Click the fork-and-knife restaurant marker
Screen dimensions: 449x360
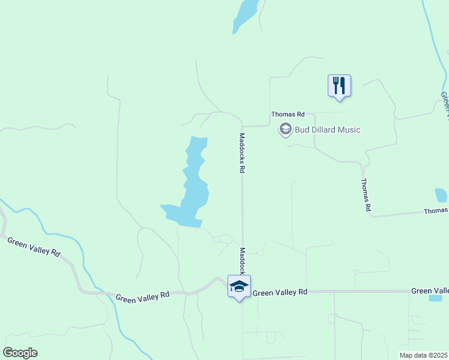tap(339, 85)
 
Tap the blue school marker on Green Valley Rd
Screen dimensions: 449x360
tap(239, 287)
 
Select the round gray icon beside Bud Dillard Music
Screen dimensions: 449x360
tap(285, 129)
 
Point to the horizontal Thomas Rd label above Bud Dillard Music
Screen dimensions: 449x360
tap(288, 114)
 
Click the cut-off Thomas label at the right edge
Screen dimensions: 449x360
tap(436, 211)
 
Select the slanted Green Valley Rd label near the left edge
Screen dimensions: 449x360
tap(34, 247)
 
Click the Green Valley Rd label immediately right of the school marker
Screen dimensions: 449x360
tap(280, 292)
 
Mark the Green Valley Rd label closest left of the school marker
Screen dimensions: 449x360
tap(143, 296)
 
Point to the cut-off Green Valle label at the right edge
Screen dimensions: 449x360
tap(430, 291)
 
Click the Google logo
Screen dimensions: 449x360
tap(20, 353)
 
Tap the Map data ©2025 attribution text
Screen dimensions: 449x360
tap(424, 355)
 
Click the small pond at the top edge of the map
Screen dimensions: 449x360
tap(245, 15)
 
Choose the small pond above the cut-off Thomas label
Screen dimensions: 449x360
tap(441, 195)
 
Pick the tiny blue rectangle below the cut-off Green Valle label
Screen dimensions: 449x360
tap(436, 298)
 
